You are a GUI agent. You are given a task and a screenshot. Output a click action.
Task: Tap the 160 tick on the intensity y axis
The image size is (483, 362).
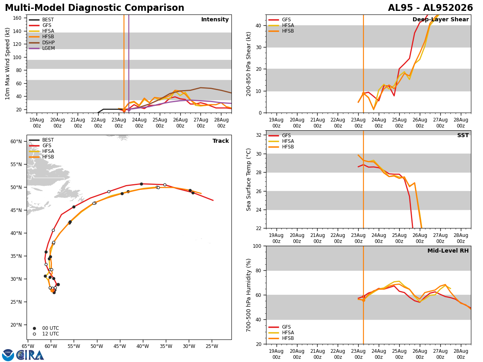click(17, 18)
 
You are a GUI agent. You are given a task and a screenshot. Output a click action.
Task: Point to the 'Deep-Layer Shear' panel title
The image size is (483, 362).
click(440, 20)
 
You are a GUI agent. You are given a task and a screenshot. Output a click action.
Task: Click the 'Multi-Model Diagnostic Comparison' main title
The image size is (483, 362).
click(95, 8)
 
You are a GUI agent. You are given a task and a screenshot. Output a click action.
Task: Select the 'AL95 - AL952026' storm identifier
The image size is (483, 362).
click(430, 8)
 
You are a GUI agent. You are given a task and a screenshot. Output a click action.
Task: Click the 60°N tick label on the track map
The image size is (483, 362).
click(16, 141)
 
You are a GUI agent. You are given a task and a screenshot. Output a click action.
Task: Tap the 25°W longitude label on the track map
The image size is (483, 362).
click(212, 346)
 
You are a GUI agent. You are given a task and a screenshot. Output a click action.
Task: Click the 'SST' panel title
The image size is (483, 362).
click(463, 136)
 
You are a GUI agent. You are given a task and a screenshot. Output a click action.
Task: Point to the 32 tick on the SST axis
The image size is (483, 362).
click(259, 135)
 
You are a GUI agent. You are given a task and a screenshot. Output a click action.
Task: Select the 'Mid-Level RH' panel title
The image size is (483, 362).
click(448, 251)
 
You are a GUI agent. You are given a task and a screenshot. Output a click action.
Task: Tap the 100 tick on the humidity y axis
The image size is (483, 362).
click(257, 246)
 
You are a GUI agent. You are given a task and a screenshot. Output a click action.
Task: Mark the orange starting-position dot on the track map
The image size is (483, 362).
click(52, 290)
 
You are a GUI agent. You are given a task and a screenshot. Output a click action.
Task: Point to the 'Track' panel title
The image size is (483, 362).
click(221, 141)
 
